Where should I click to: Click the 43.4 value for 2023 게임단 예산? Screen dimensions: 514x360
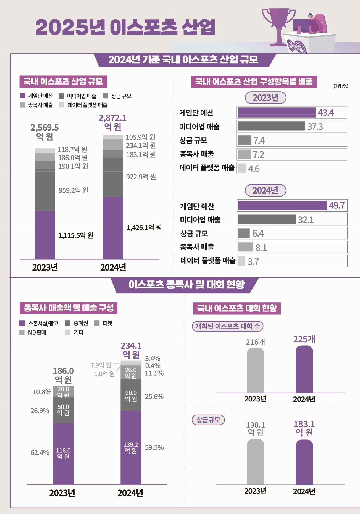pos(325,113)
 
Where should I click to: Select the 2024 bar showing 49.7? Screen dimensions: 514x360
pos(282,206)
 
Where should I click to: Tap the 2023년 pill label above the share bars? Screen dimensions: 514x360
pos(265,98)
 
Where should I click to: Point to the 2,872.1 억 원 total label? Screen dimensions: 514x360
pos(113,122)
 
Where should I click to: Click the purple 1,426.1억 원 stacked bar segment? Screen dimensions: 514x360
pos(113,228)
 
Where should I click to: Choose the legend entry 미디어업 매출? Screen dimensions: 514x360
pos(78,96)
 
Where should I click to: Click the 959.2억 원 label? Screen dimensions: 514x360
pos(73,190)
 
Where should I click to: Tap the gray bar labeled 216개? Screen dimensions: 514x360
pos(255,370)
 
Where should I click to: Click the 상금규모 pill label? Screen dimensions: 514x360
pos(208,420)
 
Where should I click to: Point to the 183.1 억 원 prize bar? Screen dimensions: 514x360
pos(304,462)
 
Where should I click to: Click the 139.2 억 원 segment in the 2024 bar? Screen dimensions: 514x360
pos(131,447)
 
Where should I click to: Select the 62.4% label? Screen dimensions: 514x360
pos(40,453)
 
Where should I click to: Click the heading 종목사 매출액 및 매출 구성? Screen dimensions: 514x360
pos(69,308)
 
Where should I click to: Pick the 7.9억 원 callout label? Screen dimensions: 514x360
pos(101,365)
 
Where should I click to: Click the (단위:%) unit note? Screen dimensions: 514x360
pos(340,86)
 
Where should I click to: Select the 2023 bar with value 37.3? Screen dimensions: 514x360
pos(271,126)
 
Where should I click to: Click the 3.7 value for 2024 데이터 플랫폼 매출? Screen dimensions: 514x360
pos(253,262)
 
